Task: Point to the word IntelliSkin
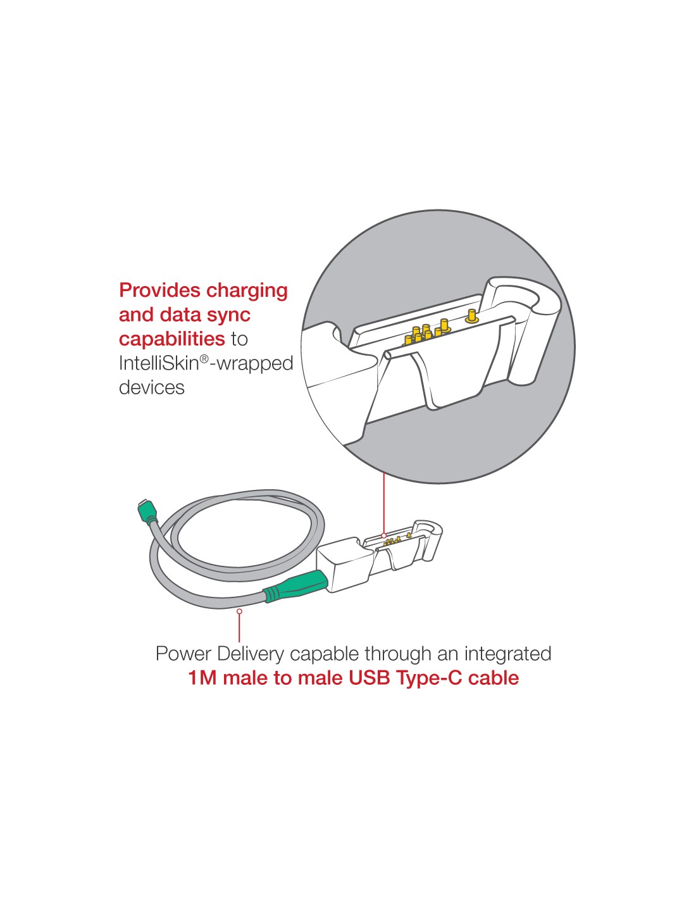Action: coord(159,363)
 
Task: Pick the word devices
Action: coord(152,388)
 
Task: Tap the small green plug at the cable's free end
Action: coord(147,510)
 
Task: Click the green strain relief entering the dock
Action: coord(295,585)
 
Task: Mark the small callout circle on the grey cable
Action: coord(239,611)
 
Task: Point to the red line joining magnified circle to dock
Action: coord(384,503)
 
